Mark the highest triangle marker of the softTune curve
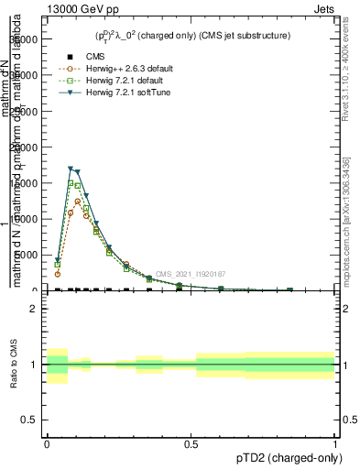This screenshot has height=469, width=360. (x=71, y=169)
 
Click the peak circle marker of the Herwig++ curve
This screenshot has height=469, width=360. (x=78, y=202)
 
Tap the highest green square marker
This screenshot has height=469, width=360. (x=71, y=183)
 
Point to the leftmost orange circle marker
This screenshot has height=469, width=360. (x=58, y=274)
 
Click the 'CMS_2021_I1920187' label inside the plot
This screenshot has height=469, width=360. (x=191, y=274)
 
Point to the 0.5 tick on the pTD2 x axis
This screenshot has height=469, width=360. (x=191, y=442)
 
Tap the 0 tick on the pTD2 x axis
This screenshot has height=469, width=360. (x=47, y=442)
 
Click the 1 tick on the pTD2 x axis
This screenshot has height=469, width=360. (x=334, y=442)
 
